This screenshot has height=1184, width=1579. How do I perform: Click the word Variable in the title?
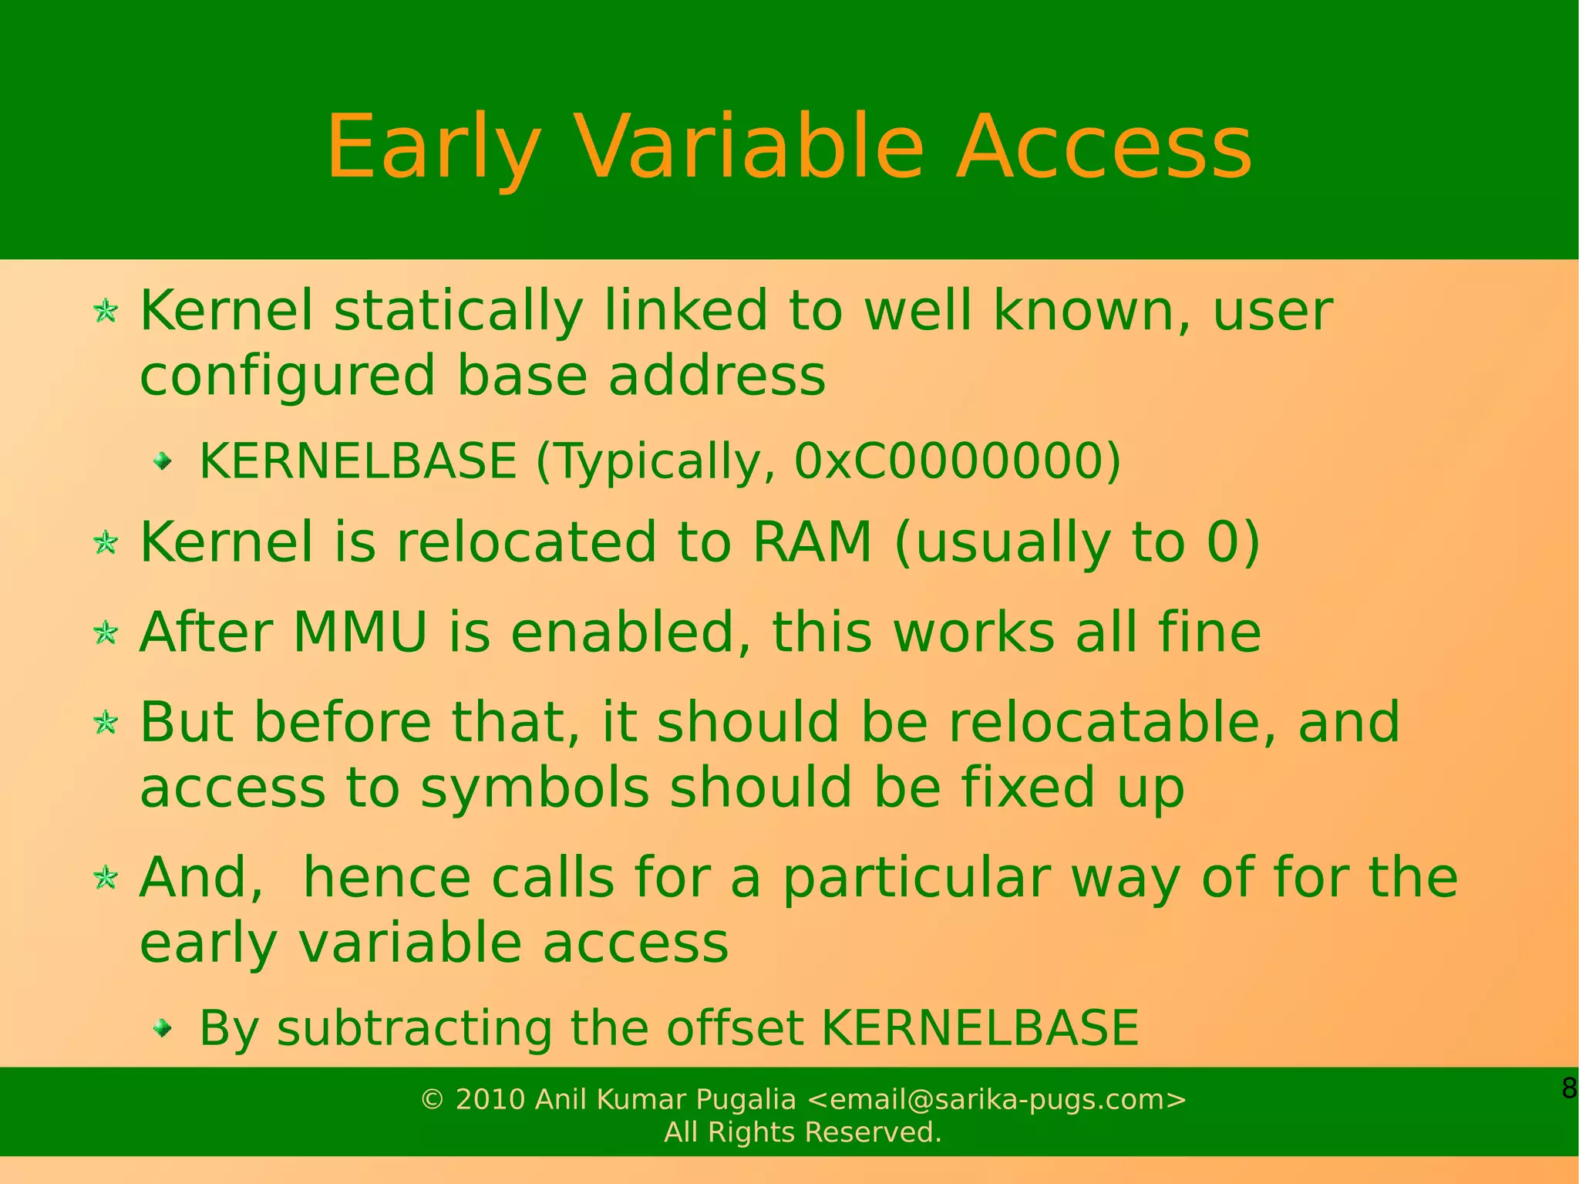click(x=748, y=147)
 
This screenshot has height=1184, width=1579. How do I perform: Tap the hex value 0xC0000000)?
click(x=957, y=461)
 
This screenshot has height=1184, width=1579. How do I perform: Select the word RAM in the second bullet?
click(x=811, y=541)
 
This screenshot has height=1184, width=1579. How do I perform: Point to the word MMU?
click(x=360, y=632)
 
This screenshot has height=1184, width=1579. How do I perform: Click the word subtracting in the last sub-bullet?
click(x=415, y=1028)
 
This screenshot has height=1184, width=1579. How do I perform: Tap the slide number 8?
click(x=1568, y=1088)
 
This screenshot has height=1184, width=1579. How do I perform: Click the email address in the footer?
click(x=996, y=1099)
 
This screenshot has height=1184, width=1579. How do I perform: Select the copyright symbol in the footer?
click(x=433, y=1100)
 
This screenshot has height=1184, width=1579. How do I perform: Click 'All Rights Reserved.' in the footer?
click(x=803, y=1132)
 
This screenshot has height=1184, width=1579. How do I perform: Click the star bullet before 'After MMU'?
click(x=106, y=633)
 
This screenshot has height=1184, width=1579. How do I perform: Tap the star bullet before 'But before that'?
click(x=106, y=724)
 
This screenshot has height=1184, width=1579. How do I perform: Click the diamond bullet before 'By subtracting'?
click(x=162, y=1027)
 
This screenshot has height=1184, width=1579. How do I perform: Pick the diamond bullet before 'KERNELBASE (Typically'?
click(x=162, y=461)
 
